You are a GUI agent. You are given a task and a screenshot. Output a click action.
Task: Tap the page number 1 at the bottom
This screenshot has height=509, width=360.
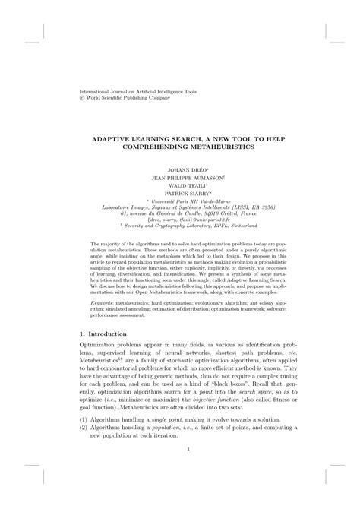tap(180, 448)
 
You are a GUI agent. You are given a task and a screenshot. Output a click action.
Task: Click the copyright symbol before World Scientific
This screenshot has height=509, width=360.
tap(83, 97)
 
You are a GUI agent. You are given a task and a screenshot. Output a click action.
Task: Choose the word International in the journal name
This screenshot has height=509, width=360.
tap(96, 90)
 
